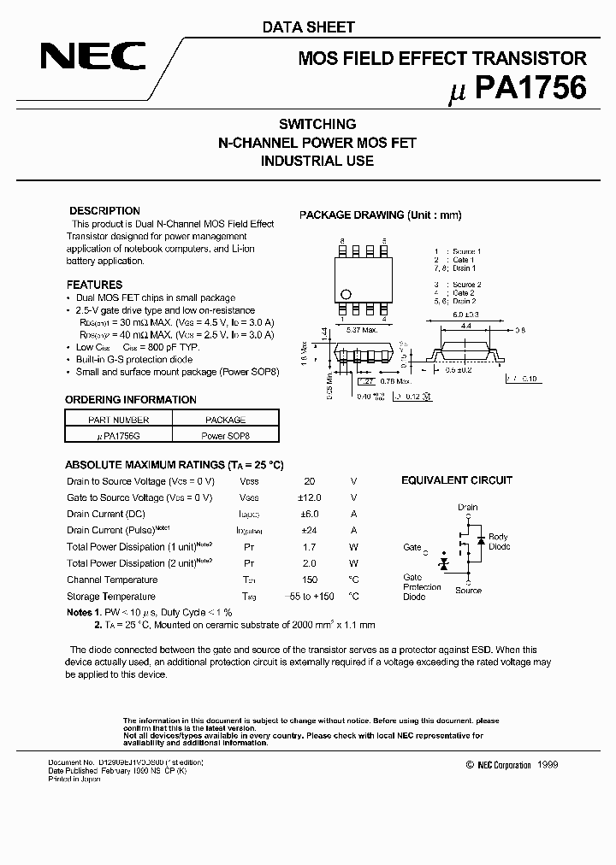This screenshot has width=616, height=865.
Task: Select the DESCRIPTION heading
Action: pyautogui.click(x=104, y=210)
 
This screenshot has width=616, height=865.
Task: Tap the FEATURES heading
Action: pyautogui.click(x=94, y=285)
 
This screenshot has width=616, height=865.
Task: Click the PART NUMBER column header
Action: pyautogui.click(x=119, y=420)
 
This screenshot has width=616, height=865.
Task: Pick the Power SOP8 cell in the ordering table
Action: pyautogui.click(x=225, y=435)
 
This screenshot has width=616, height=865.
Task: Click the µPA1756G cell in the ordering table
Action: pyautogui.click(x=119, y=435)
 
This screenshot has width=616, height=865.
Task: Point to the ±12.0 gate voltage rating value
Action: pyautogui.click(x=309, y=497)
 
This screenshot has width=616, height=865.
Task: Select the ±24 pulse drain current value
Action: pyautogui.click(x=309, y=531)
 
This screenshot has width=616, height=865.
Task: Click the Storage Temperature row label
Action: pyautogui.click(x=111, y=597)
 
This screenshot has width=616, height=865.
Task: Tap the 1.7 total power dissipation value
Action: pyautogui.click(x=309, y=547)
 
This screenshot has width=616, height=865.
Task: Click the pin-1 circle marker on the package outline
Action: pyautogui.click(x=346, y=290)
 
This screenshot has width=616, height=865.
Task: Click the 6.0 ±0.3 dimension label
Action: pyautogui.click(x=465, y=315)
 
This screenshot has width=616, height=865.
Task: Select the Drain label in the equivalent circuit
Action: pyautogui.click(x=467, y=507)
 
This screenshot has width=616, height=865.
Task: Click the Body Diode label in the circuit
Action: pyautogui.click(x=498, y=542)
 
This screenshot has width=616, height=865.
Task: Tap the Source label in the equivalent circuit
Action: pyautogui.click(x=468, y=591)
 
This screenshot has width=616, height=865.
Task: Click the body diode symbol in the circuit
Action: pyautogui.click(x=481, y=541)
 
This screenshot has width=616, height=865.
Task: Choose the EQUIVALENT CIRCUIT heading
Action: pyautogui.click(x=457, y=480)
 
